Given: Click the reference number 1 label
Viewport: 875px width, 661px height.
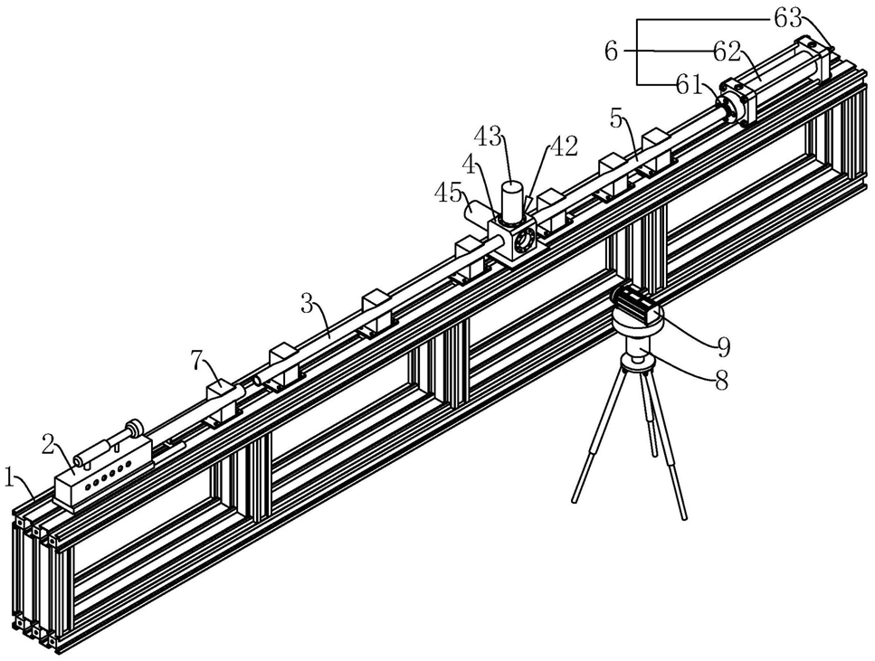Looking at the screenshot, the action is (8, 477).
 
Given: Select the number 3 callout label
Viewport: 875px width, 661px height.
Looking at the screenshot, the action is (307, 304).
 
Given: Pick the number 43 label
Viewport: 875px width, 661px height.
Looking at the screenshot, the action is (489, 137).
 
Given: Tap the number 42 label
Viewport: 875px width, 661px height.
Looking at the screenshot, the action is (564, 146).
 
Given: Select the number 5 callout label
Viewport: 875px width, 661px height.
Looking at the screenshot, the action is (616, 118).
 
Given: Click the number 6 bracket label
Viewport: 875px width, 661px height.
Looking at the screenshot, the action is (611, 52).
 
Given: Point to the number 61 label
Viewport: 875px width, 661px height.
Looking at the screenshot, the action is (688, 84).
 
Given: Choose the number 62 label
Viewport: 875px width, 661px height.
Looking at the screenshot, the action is (727, 52).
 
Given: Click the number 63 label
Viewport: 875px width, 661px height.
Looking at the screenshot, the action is (787, 20).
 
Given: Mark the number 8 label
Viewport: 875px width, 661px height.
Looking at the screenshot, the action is (722, 382).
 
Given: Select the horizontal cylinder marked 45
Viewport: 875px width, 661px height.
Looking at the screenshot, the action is (480, 212).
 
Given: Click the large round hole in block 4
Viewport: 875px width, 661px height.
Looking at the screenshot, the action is (524, 242).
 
